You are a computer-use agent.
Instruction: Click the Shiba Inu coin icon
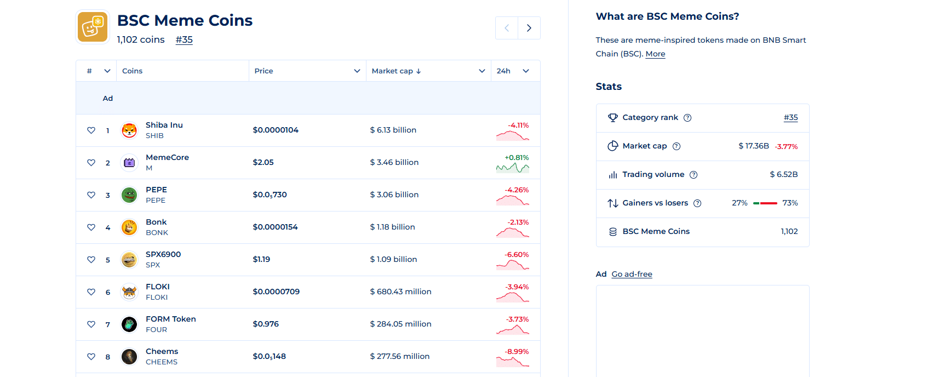(129, 130)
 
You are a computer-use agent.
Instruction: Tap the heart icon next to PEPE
(91, 195)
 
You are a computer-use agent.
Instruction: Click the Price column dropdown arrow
(357, 71)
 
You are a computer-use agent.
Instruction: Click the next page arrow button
(529, 28)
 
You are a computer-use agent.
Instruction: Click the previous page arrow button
(507, 28)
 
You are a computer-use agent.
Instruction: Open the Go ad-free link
(632, 274)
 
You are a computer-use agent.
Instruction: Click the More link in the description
(655, 54)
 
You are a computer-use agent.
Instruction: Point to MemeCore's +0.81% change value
(517, 158)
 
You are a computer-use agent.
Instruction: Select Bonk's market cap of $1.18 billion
(392, 227)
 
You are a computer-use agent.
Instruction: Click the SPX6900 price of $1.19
(261, 259)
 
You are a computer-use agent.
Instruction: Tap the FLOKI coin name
(158, 287)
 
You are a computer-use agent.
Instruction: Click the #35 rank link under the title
(184, 39)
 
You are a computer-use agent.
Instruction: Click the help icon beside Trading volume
(694, 175)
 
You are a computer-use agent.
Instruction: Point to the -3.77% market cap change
(786, 146)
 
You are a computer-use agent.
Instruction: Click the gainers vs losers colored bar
(765, 203)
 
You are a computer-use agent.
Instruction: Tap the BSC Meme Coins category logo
(93, 26)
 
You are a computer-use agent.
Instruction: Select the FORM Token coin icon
(129, 324)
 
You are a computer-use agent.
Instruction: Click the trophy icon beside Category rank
(612, 118)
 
